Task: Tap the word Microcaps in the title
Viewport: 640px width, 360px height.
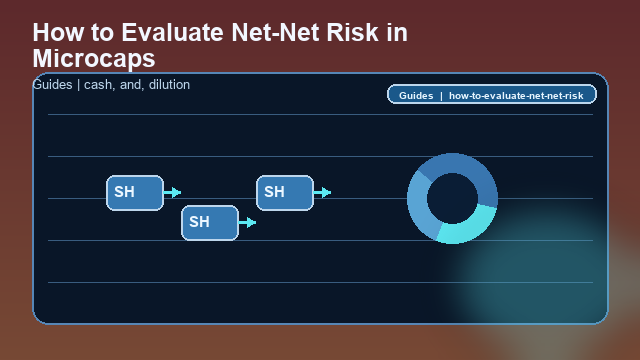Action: pos(94,57)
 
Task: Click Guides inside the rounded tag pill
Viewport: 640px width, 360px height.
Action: pos(415,96)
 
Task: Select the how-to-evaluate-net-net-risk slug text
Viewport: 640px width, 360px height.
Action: pos(516,96)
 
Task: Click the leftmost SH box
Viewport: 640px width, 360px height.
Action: pos(134,192)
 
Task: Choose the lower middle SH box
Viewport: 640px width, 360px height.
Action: pos(209,222)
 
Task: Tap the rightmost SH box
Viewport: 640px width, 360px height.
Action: pos(285,192)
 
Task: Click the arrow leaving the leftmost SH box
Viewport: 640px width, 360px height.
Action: pos(172,192)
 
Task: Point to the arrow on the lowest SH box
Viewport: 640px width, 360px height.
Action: pos(247,222)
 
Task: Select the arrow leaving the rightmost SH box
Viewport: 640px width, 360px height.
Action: pos(322,192)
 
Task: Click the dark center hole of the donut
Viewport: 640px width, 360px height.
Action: pos(452,198)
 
